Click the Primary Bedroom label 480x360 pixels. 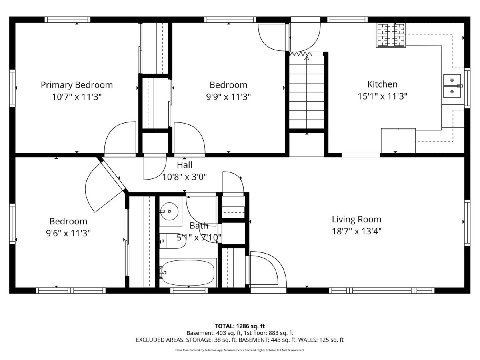pos(77,85)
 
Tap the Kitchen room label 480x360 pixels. pos(382,84)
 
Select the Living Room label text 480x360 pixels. pos(356,219)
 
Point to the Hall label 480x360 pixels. pos(184,165)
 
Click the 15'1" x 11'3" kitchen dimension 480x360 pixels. pos(382,96)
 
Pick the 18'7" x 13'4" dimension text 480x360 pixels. pos(356,231)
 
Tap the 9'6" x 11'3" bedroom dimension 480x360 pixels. pos(68,233)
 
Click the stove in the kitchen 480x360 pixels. pos(391,35)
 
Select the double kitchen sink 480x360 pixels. pos(452,86)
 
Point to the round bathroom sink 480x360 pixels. pos(169,211)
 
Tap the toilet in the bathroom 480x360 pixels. pos(172,241)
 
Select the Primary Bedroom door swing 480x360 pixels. pos(120,138)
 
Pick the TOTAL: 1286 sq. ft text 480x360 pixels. pos(240,326)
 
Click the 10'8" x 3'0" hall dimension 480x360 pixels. pos(184,177)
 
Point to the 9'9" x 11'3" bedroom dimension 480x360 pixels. pos(228,97)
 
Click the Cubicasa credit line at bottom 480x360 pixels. pos(240,350)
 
